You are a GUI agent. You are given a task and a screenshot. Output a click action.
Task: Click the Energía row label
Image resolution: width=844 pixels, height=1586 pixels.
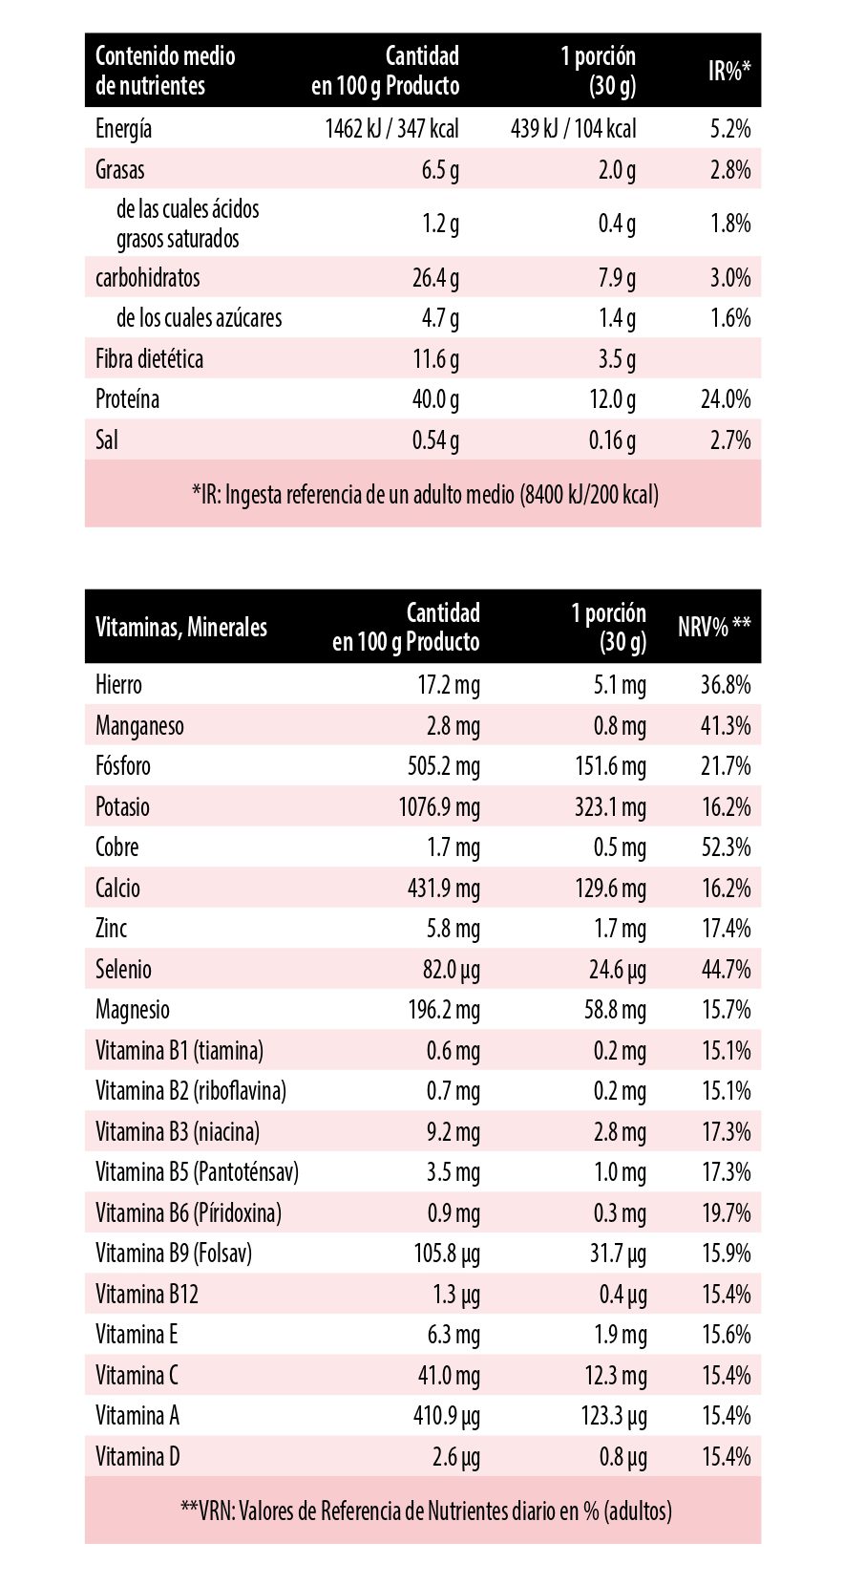point(123,129)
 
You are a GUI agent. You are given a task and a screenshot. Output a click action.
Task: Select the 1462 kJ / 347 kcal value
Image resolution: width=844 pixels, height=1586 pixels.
point(391,129)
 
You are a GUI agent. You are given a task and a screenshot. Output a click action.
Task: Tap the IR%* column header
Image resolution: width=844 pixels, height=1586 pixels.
point(729,71)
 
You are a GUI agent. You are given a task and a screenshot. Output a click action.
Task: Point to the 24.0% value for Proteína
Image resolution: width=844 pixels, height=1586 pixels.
point(726,399)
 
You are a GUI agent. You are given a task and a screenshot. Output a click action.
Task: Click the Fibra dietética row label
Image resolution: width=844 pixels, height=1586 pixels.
point(149,359)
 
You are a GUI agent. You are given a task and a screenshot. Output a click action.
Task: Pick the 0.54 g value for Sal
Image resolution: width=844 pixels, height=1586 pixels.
point(435,440)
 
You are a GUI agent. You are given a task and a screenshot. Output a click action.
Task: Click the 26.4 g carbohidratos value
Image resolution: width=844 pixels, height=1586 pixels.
point(435,278)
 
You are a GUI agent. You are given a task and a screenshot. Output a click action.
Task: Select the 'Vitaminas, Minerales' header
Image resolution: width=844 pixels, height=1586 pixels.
point(181,628)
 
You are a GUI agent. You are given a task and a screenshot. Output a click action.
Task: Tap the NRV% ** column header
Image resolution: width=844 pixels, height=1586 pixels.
point(714,628)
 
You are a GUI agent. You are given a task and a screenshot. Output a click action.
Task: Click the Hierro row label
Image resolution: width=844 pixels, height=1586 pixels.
point(118,685)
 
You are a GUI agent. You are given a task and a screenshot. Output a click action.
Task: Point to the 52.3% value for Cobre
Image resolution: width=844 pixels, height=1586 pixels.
point(726,847)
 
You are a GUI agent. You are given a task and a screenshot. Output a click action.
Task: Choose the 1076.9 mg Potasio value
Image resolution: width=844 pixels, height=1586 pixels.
point(439,807)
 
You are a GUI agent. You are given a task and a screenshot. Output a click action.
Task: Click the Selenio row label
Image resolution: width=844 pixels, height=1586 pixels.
point(123,970)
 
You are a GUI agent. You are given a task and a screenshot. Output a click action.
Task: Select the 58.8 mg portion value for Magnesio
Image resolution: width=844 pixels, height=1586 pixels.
point(615,1010)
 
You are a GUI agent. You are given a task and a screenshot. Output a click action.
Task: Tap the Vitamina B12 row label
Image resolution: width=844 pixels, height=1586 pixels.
point(147,1295)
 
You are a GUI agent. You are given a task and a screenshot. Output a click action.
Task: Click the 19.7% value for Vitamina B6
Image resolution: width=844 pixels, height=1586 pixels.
point(726,1213)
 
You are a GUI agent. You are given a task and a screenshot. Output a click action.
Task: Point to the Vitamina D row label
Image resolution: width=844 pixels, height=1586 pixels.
point(137,1457)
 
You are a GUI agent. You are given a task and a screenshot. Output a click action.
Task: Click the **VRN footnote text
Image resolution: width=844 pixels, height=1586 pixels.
point(426,1511)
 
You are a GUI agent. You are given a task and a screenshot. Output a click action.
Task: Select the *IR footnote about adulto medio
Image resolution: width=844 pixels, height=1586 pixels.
point(425,494)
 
